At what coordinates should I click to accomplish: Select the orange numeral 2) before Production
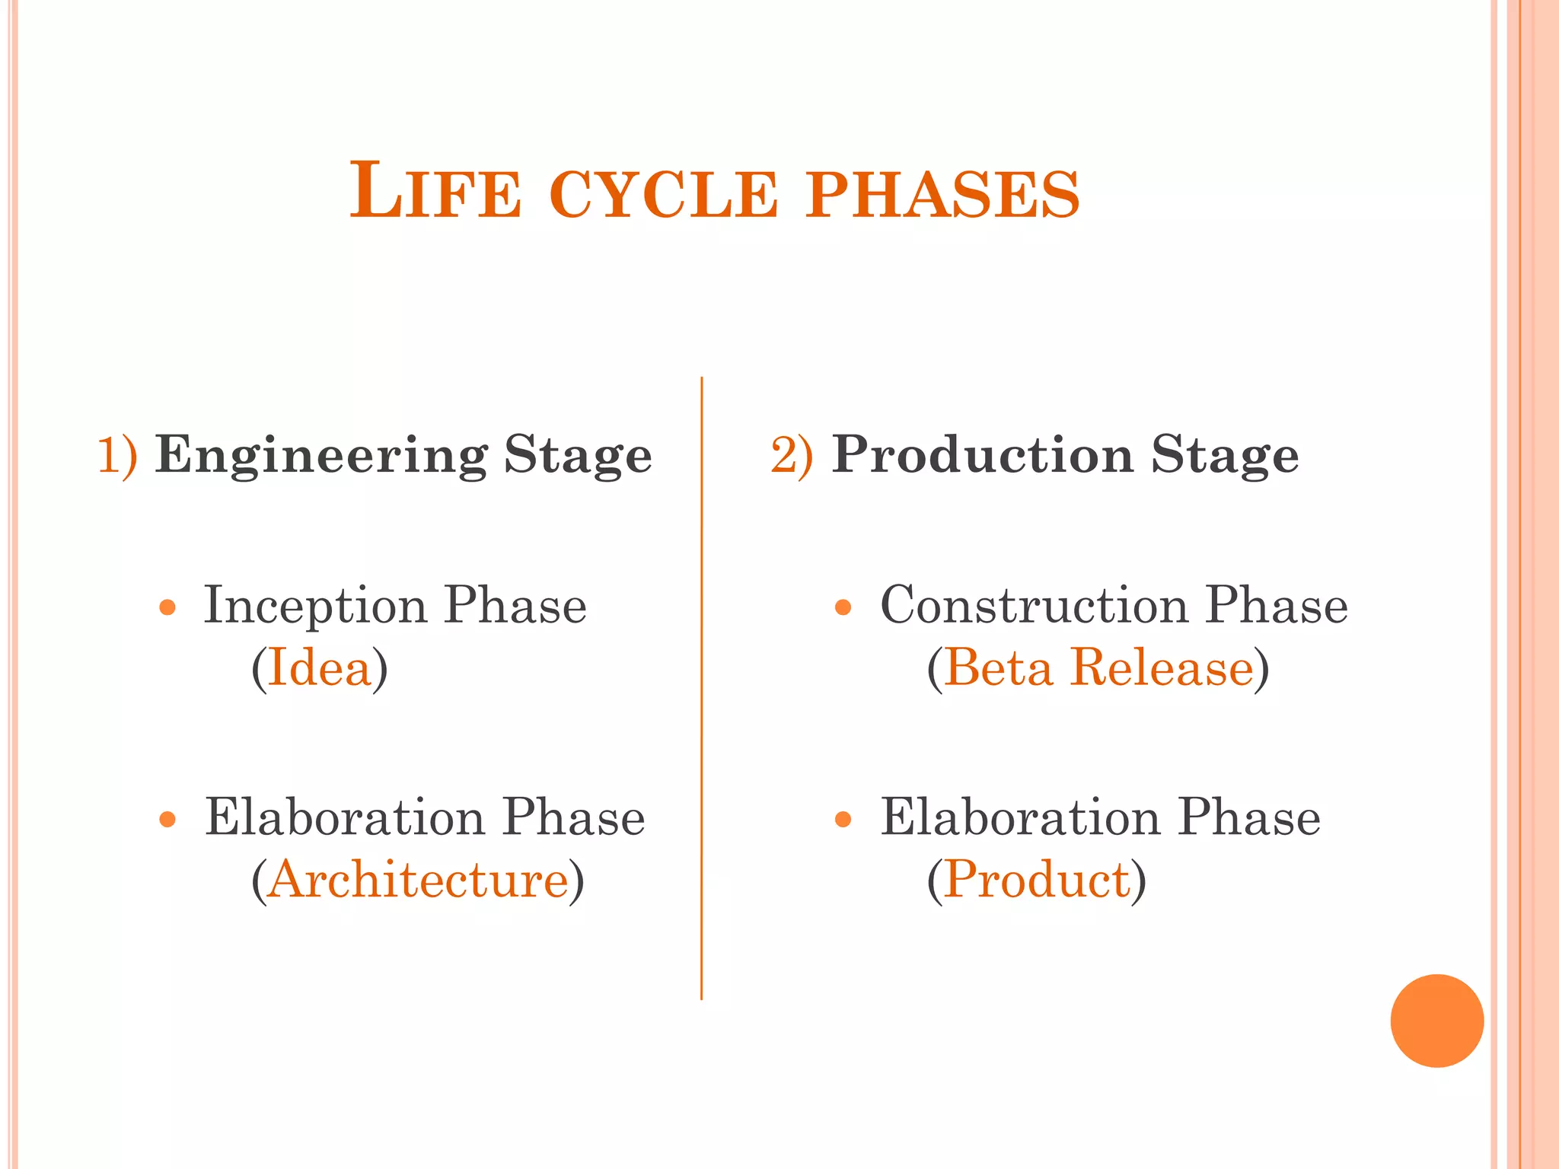(792, 455)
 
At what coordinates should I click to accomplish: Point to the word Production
(983, 454)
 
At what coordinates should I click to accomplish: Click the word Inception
(314, 607)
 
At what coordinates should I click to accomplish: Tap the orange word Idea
(319, 667)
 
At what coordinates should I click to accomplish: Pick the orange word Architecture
(418, 880)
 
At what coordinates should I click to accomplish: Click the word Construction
(1034, 606)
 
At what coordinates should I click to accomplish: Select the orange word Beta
(998, 667)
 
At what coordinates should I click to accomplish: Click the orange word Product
(1037, 880)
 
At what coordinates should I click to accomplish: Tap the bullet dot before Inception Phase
(167, 607)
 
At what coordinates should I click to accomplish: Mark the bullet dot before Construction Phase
(842, 607)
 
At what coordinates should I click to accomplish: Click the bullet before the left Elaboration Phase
(167, 820)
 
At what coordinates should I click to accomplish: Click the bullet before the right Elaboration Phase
(842, 820)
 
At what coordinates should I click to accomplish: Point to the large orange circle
(1436, 1021)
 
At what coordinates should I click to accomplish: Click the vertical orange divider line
(701, 685)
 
